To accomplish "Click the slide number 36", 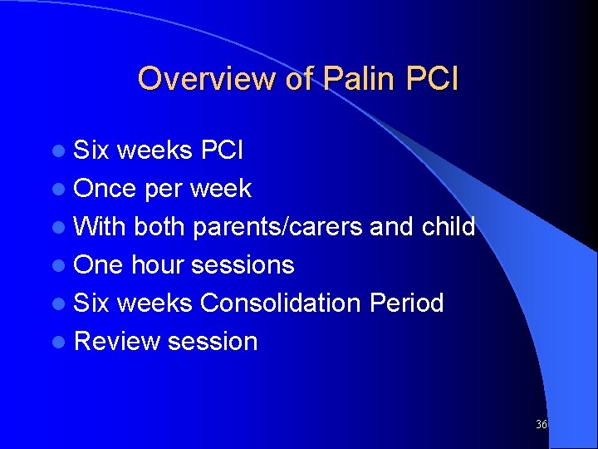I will pos(542,424).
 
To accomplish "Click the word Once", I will pos(105,189).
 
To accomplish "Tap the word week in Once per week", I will pos(220,189).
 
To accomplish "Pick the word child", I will pos(448,227).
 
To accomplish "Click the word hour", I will pos(158,265).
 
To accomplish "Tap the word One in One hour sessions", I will pos(98,265).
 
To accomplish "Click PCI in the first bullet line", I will pos(222,150).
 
